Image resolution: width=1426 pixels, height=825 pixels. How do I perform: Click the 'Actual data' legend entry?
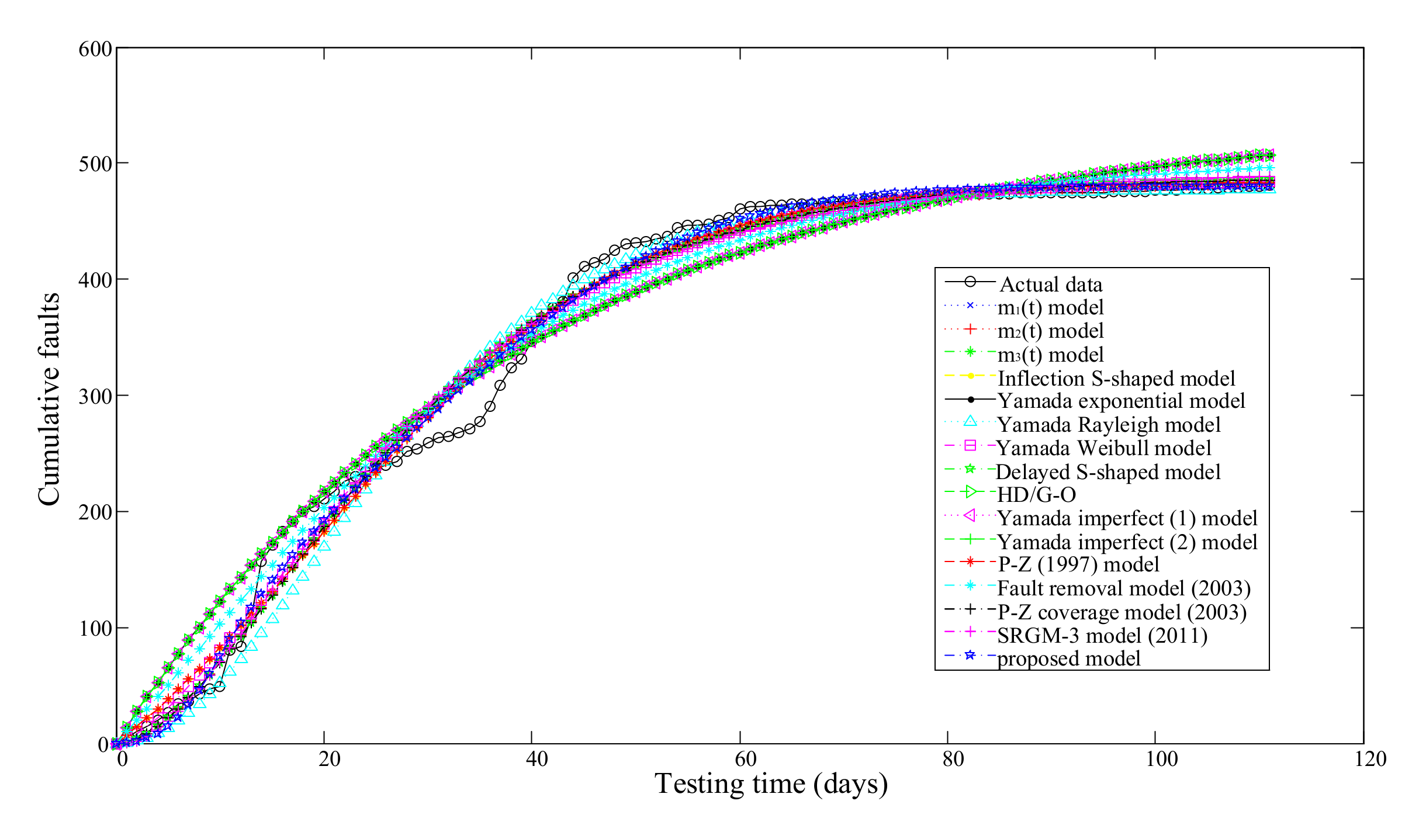click(x=1050, y=285)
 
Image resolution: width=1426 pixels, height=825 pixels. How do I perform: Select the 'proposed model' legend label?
click(x=1068, y=658)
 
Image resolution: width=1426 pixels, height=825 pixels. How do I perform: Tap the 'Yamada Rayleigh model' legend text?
click(x=1109, y=425)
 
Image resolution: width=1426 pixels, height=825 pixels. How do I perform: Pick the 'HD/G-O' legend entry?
click(x=1036, y=495)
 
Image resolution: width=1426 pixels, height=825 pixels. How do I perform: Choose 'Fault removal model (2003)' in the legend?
click(x=1123, y=588)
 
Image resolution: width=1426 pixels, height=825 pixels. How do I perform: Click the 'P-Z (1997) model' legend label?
click(x=1078, y=564)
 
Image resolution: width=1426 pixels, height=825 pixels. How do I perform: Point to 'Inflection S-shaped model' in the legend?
click(x=1116, y=378)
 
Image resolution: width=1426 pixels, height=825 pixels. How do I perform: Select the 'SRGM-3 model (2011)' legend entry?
click(x=1102, y=635)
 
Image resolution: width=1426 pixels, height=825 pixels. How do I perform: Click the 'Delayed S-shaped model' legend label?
click(x=1108, y=472)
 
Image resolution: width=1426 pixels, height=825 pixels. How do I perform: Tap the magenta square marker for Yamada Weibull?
click(x=970, y=446)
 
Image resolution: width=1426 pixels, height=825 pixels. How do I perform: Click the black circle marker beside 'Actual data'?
click(x=970, y=282)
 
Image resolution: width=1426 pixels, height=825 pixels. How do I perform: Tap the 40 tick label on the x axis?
click(x=537, y=759)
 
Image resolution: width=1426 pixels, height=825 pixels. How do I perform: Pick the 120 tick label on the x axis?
click(x=1370, y=759)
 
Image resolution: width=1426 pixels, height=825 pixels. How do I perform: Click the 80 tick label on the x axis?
click(x=953, y=759)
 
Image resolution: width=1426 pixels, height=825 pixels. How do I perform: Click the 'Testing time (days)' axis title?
click(x=771, y=784)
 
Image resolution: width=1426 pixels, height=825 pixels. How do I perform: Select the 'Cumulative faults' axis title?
click(x=49, y=399)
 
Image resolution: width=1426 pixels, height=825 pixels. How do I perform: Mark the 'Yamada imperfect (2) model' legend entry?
click(x=1127, y=542)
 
